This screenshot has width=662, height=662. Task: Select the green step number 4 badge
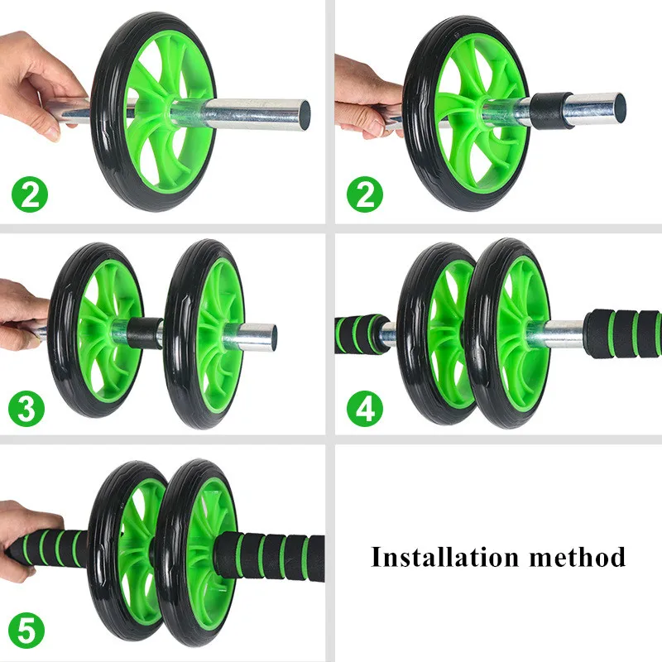point(365,408)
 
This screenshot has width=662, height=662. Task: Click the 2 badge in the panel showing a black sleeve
point(365,194)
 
